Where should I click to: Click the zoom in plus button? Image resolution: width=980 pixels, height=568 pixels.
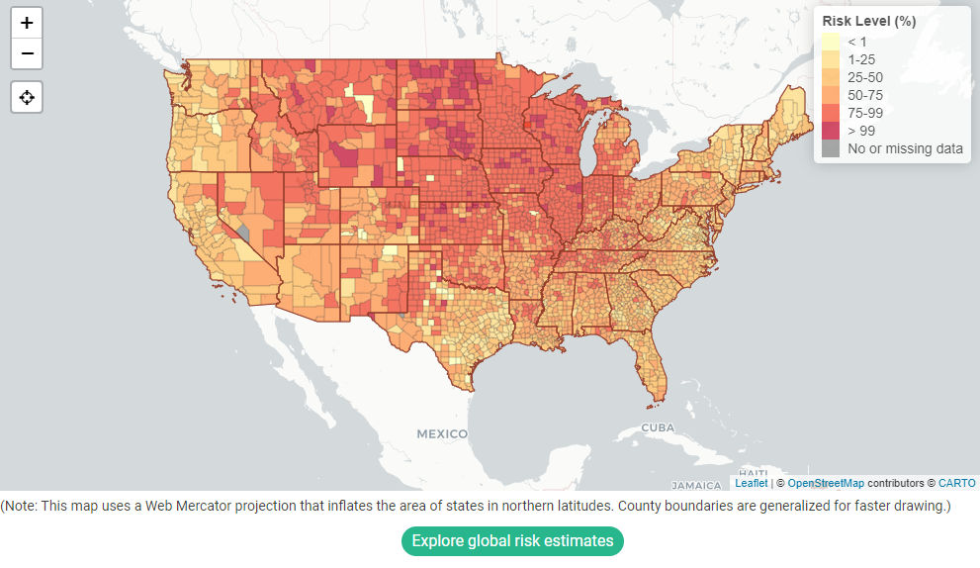click(x=27, y=23)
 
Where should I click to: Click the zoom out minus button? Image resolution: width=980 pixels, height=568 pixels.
click(x=27, y=53)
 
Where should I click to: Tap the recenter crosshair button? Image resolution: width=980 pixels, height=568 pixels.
click(x=27, y=97)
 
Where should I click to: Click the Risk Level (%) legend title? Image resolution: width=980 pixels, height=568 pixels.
click(x=869, y=21)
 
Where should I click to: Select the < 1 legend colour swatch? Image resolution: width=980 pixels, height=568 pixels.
click(x=831, y=42)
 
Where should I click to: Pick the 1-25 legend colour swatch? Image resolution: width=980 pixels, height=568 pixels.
click(x=831, y=59)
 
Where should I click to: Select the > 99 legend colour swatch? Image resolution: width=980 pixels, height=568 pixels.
click(x=831, y=131)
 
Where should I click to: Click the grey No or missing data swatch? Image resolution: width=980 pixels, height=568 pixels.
click(x=831, y=148)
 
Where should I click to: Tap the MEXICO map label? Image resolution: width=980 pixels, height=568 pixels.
click(x=441, y=434)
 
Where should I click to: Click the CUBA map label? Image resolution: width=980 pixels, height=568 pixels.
click(x=657, y=427)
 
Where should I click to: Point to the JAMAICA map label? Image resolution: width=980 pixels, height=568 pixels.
click(x=696, y=486)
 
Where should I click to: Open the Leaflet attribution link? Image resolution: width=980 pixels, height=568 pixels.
click(x=751, y=483)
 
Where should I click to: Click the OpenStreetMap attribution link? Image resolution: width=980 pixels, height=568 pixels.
click(x=826, y=483)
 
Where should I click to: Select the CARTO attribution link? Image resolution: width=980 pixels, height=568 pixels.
click(x=956, y=483)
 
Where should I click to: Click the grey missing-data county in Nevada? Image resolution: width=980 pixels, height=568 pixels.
click(x=242, y=231)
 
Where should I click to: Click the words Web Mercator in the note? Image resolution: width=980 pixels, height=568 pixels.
click(x=183, y=507)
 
